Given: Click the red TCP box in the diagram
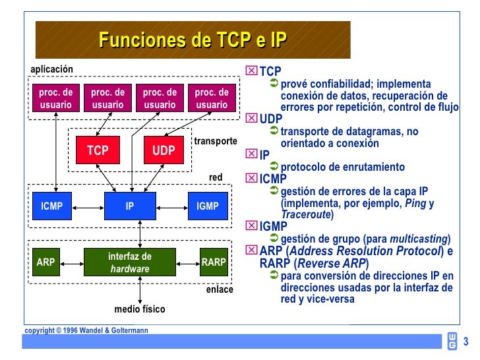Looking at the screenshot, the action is point(98,151).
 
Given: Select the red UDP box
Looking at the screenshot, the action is point(164,151).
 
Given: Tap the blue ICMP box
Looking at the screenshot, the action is point(52,206).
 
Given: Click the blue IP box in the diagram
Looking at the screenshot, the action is point(130,206).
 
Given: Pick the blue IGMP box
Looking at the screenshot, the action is point(208,206).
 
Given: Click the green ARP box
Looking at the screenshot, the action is point(46,262).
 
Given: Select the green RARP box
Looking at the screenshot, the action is point(214,262).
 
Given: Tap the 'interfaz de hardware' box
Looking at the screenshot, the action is point(130,262).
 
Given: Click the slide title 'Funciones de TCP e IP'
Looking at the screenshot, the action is point(193,40).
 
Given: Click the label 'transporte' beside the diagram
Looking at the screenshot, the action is point(215,141).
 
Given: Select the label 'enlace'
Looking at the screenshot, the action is point(220,289).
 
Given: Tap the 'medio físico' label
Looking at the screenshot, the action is point(139,309).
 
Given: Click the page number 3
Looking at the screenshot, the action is point(465,342).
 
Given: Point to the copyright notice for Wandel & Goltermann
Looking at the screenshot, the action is point(86,330).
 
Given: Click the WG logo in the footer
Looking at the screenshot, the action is point(452,340).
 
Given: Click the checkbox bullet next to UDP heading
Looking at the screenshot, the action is point(253,119).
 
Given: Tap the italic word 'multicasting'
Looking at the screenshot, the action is point(419,239).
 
